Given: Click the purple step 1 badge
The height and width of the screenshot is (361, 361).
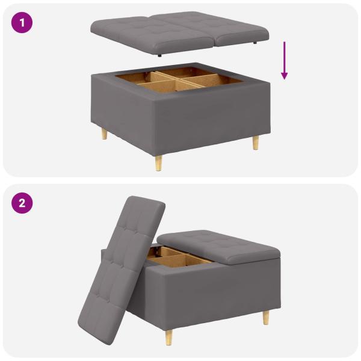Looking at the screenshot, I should click(22, 23).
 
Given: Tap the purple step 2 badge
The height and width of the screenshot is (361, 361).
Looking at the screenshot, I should click(22, 203).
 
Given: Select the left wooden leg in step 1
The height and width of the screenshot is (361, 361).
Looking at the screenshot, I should click(104, 133).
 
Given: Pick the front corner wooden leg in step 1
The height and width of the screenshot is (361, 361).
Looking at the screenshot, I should click(159, 162).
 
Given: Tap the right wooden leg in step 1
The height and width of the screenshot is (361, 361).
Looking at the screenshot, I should click(256, 142).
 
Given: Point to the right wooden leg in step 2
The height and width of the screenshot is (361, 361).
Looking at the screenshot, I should click(265, 317).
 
